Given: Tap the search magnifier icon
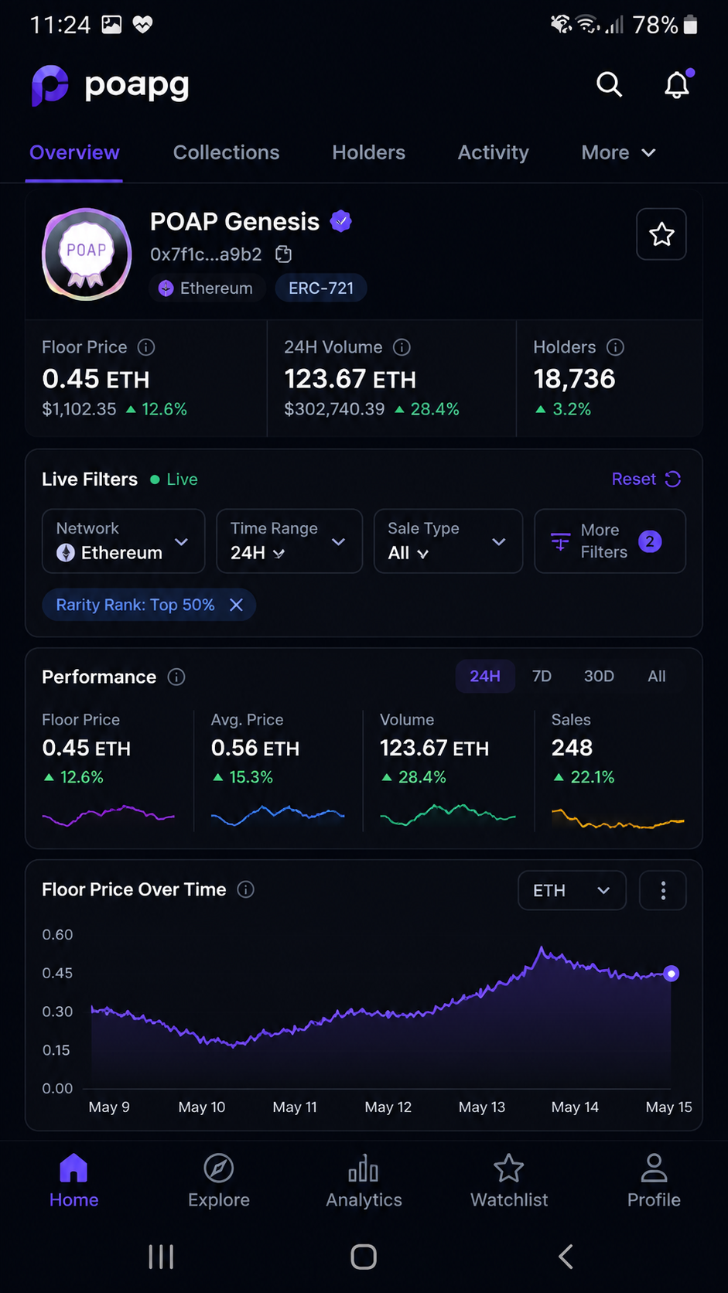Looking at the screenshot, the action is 609,84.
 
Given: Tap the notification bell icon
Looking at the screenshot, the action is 677,85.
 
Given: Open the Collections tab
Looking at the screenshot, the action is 227,152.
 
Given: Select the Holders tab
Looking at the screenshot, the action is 369,152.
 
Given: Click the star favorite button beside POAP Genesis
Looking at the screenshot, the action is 661,234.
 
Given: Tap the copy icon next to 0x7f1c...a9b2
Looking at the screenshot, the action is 283,254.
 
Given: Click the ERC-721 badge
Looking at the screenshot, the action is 321,288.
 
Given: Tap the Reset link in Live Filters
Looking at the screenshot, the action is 646,479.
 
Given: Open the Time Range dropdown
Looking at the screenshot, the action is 289,541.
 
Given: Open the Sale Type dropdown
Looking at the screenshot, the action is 448,541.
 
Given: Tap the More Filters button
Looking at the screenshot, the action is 610,541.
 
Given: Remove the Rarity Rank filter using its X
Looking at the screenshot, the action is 236,605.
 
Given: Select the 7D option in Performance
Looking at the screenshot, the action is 542,676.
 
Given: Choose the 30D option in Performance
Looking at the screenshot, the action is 599,676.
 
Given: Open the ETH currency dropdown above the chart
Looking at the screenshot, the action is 572,891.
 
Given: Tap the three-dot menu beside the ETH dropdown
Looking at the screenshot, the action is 663,891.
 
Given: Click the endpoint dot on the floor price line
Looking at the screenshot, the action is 671,974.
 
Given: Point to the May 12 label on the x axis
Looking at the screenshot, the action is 388,1107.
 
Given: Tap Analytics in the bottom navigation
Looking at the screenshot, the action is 364,1181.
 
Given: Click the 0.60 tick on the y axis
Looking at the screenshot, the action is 57,934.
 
